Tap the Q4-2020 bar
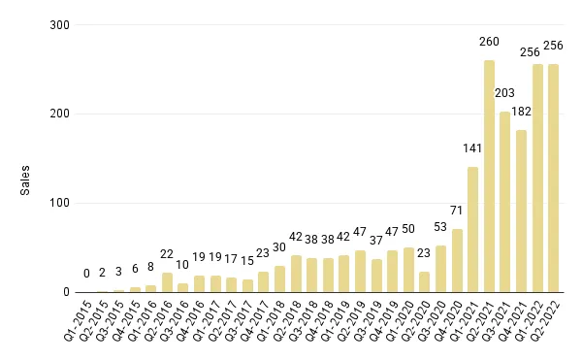pos(457,261)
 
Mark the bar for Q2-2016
pos(167,282)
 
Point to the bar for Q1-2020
pos(408,271)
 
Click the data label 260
pos(489,42)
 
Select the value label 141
pos(472,148)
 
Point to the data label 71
pos(457,211)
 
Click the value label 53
pos(440,227)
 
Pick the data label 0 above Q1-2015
pos(86,275)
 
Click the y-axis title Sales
pos(25,180)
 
